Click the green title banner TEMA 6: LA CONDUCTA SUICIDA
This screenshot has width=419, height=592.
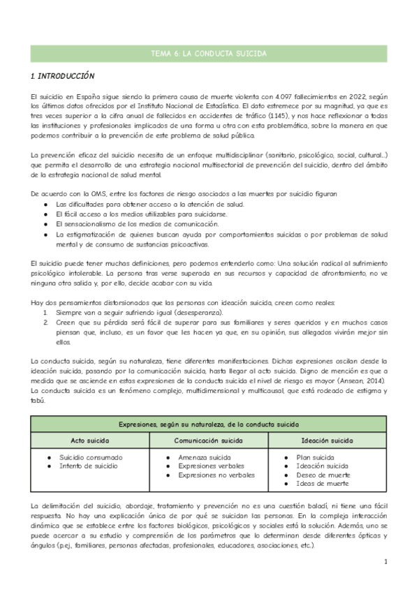pos(209,53)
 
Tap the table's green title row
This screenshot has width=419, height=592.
pos(209,424)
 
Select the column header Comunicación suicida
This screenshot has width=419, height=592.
pos(209,441)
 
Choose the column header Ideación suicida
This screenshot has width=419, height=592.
pos(326,441)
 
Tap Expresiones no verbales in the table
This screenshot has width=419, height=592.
pos(216,475)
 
